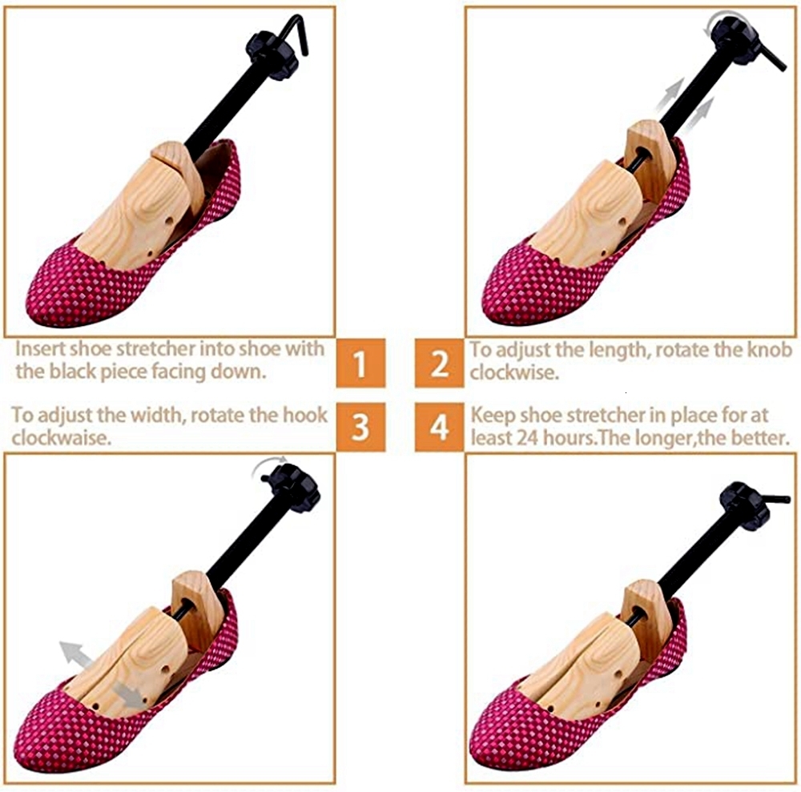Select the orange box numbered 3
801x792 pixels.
360,427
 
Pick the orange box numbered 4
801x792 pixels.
440,427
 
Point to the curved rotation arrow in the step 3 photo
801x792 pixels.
268,467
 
